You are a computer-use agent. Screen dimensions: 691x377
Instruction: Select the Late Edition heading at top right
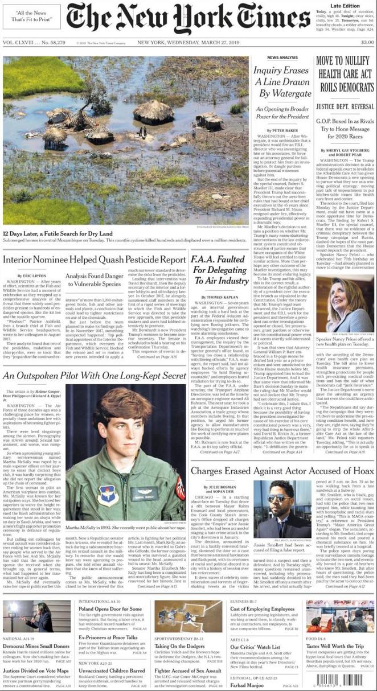click(351, 5)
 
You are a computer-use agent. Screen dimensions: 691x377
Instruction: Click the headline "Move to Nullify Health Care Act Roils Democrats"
click(345, 73)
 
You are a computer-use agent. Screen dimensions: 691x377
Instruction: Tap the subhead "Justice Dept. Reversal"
click(345, 105)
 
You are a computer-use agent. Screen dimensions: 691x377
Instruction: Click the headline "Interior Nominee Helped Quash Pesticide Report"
click(94, 260)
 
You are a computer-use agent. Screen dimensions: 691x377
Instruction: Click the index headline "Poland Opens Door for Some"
click(110, 609)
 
